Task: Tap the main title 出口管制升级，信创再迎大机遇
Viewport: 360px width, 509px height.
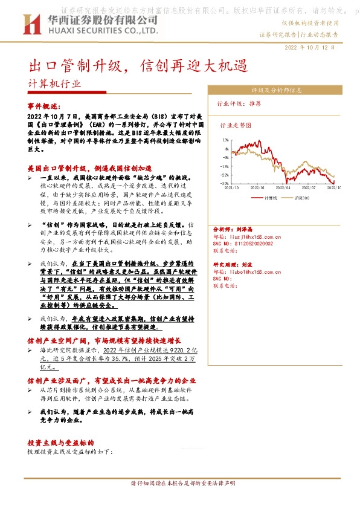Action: [x=139, y=64]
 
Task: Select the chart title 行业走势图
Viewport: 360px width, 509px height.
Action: [x=235, y=126]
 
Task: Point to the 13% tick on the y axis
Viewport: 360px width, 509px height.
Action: [x=226, y=140]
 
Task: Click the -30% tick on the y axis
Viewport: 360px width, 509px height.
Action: [x=225, y=183]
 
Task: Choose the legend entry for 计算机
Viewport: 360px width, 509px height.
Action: [x=270, y=198]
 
